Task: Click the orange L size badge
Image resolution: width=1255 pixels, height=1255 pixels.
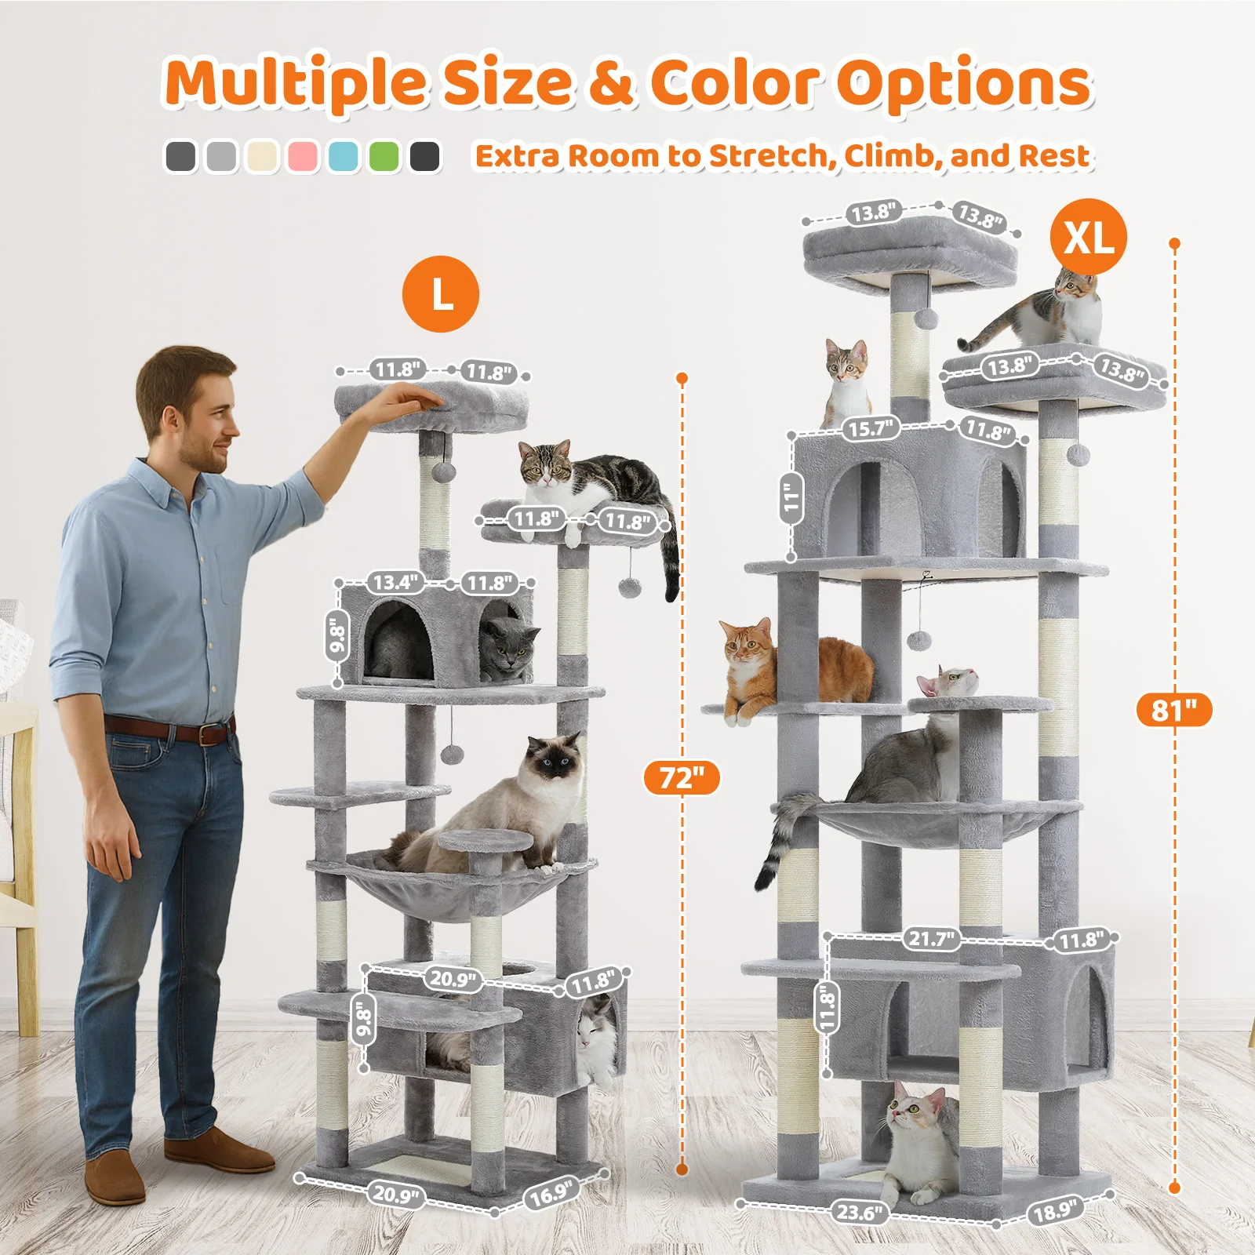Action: coord(441,294)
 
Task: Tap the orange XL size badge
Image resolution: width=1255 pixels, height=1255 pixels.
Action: coord(1089,236)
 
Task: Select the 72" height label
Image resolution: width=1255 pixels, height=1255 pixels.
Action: coord(682,777)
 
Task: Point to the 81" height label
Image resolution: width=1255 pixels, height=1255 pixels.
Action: coord(1174,710)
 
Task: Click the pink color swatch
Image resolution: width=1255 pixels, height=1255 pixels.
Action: coord(302,156)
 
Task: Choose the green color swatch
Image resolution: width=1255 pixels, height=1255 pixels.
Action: coord(384,156)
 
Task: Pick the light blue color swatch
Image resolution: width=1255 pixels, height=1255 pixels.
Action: coord(343,156)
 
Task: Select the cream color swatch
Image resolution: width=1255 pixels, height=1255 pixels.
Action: coord(261,156)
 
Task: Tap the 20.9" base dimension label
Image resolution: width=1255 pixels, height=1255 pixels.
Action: coord(396,1195)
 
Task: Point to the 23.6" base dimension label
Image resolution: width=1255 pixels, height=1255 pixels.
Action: coord(860,1213)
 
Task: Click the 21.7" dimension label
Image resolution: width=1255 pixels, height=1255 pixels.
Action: coord(931,938)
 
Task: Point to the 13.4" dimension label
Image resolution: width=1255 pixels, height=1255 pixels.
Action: coord(395,582)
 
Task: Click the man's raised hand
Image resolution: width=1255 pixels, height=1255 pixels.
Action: coord(404,404)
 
